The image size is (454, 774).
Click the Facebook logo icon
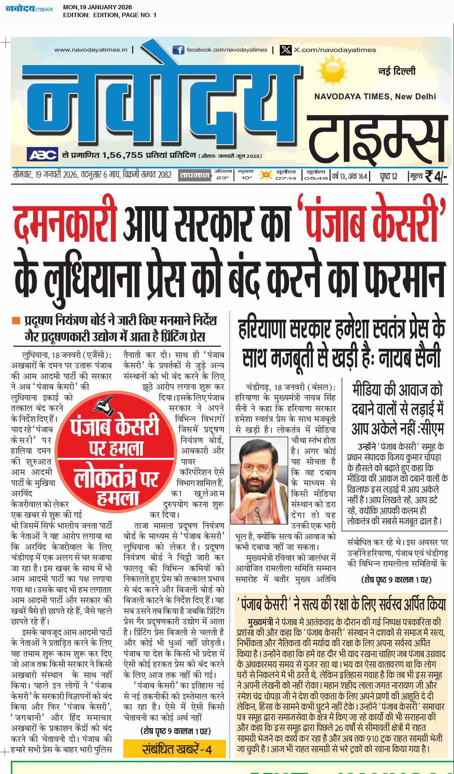click(178, 50)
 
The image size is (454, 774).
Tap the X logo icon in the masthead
click(286, 50)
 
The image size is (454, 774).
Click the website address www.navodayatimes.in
click(91, 50)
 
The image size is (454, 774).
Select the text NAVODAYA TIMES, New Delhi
click(375, 97)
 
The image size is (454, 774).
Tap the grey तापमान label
click(194, 175)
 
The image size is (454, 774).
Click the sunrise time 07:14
click(286, 178)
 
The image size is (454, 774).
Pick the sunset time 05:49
click(315, 178)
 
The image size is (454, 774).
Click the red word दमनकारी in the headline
click(65, 225)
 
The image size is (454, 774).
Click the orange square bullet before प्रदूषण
click(16, 320)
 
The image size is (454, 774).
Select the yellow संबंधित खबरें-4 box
click(174, 748)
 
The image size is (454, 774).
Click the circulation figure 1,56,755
click(122, 155)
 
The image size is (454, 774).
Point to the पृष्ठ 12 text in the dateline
click(388, 177)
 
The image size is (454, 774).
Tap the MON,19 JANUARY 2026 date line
click(97, 7)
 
